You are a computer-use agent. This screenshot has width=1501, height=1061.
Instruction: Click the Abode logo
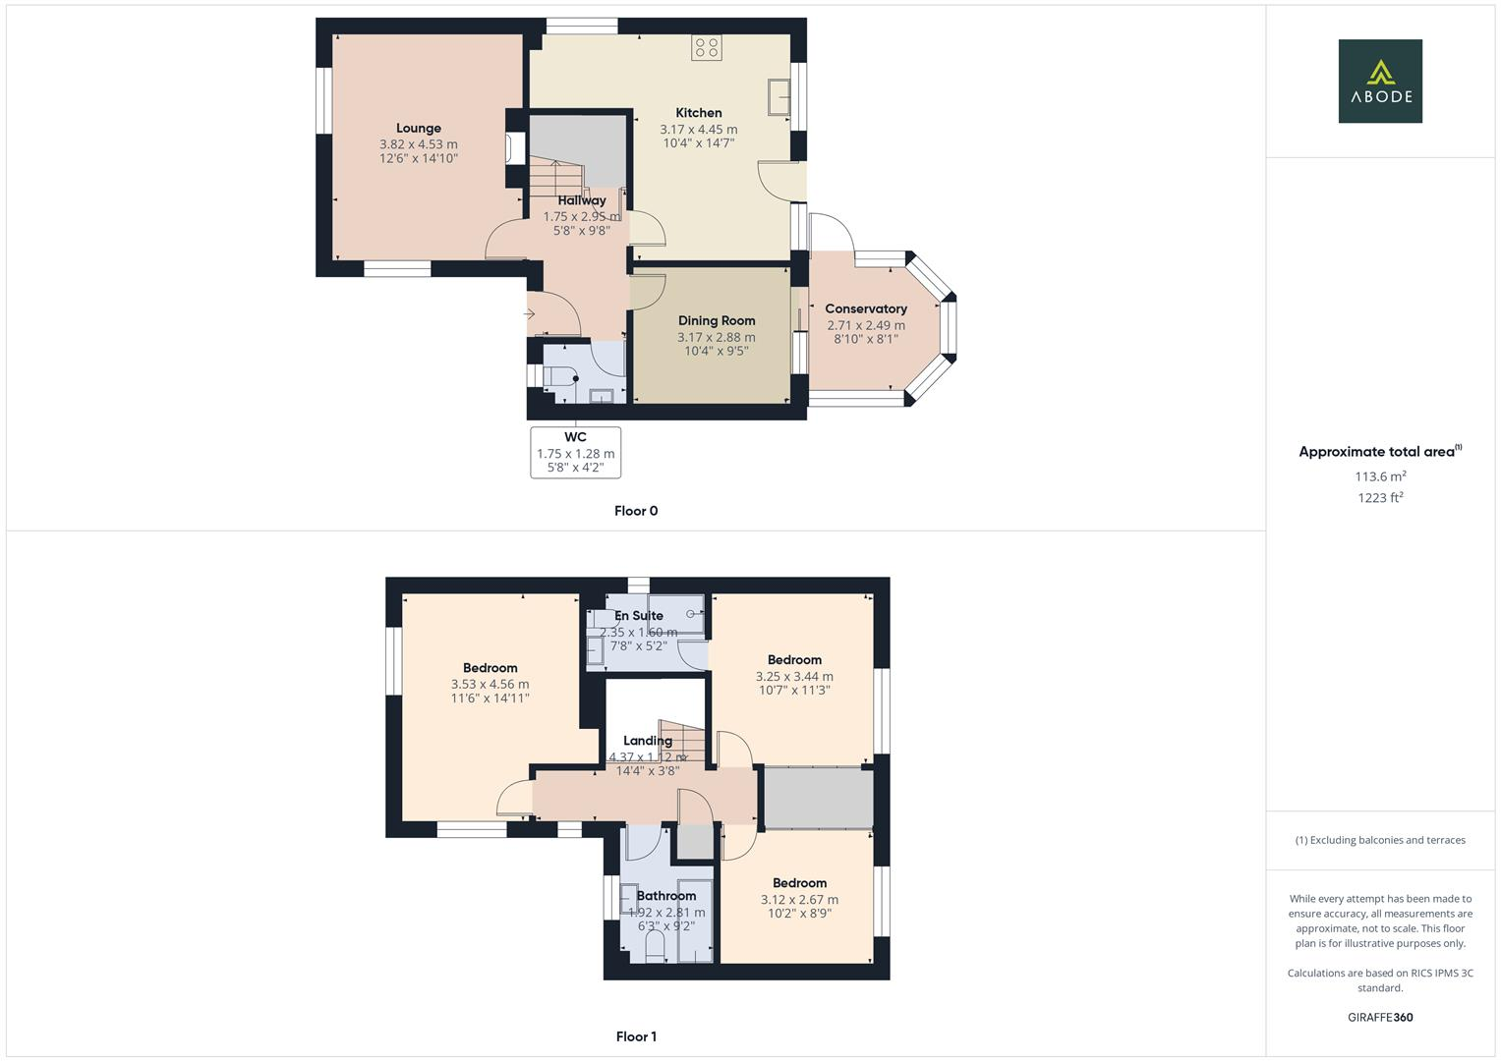coord(1380,82)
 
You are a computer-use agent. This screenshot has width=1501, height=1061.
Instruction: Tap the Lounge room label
coord(419,128)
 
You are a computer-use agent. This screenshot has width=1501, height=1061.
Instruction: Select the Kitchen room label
coord(699,113)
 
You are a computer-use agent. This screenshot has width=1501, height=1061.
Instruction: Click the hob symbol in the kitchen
coord(706,48)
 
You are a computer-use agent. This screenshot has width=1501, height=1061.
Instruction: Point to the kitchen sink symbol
coord(780,96)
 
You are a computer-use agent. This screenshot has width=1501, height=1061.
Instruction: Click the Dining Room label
coord(717,320)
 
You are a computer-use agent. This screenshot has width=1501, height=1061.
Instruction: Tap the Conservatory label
coord(866,308)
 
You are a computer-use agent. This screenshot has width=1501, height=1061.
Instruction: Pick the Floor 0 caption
coord(636,511)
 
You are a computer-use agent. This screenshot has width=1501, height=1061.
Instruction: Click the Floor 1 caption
coord(636,1036)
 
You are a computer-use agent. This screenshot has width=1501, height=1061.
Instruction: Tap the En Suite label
coord(639,616)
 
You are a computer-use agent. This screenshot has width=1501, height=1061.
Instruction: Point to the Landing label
coord(648,741)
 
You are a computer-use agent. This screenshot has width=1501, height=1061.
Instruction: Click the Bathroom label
coord(666,896)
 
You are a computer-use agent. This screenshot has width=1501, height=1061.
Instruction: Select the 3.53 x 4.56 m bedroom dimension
coord(490,685)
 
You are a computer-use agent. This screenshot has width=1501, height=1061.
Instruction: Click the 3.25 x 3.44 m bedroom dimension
coord(794,676)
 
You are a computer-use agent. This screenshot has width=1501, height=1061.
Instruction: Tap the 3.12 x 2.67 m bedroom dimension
coord(799,899)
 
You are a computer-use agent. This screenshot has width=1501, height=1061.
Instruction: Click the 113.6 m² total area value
coord(1380,476)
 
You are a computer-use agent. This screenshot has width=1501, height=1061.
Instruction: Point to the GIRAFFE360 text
coord(1380,1018)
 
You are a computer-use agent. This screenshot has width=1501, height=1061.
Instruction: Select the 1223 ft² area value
coord(1380,498)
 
